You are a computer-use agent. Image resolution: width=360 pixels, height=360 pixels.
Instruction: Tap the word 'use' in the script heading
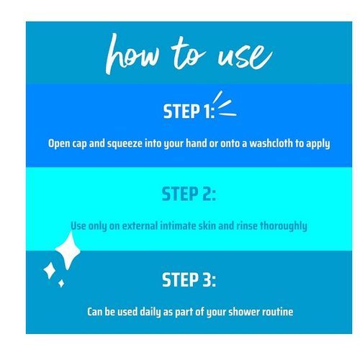245,56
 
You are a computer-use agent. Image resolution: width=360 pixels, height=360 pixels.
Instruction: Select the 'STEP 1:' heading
189,112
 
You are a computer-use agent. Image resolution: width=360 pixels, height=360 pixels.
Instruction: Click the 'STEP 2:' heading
189,194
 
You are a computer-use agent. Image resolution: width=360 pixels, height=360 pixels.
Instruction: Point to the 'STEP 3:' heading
189,280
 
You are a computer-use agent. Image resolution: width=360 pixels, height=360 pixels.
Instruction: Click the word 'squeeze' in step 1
125,144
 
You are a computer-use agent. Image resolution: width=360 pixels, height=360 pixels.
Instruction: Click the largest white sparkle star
68,251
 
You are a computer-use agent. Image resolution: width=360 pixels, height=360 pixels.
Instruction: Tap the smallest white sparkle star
61,283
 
